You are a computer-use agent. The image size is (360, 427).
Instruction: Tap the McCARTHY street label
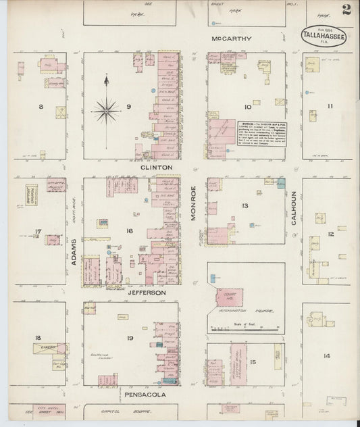tap(231, 39)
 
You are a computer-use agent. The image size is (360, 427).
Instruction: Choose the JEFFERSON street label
tap(146, 293)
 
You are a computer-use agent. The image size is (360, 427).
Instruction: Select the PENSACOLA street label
tap(145, 393)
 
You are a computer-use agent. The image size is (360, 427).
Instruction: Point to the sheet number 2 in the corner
tap(346, 9)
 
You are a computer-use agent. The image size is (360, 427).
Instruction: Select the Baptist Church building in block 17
tap(32, 193)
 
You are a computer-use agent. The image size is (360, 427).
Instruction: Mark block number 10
tap(247, 107)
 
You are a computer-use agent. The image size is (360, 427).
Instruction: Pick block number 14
tap(327, 355)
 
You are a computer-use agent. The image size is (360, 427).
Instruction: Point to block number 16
tap(129, 231)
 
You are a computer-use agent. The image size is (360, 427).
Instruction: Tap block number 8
tap(41, 107)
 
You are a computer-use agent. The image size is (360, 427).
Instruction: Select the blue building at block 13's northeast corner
tap(280, 183)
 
